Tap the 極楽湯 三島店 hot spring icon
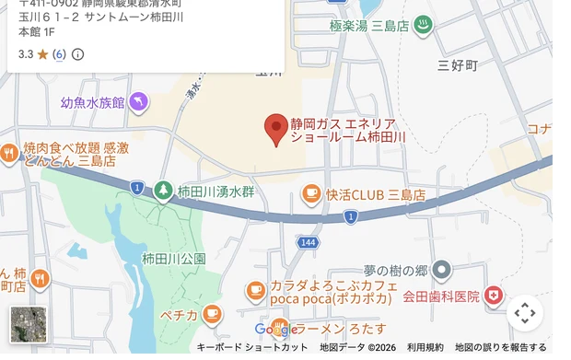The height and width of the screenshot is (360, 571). coord(423,26)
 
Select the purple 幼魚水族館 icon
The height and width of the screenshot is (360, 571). coord(138,102)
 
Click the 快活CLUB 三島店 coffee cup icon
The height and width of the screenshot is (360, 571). coord(311,194)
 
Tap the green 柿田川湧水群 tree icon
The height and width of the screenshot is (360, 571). coord(163,191)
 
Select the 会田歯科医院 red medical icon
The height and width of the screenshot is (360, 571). coord(495,296)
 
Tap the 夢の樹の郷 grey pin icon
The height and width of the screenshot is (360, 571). coord(442,271)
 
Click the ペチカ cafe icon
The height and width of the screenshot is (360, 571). coord(213,315)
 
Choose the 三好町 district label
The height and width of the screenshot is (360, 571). coord(458,65)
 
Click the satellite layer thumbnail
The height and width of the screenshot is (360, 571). coord(28,325)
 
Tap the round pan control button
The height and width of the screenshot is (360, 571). coord(524,313)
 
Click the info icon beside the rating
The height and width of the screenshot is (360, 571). coord(77,54)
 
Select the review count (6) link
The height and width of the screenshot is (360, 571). coord(59,54)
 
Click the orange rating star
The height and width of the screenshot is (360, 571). coord(42,54)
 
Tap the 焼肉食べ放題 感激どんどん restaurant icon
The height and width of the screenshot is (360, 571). coord(9,154)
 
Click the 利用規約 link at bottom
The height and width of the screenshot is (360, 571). coord(425,347)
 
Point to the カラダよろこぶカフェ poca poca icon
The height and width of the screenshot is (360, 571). coord(256,291)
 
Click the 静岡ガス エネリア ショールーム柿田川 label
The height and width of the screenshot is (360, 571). coord(348,129)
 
